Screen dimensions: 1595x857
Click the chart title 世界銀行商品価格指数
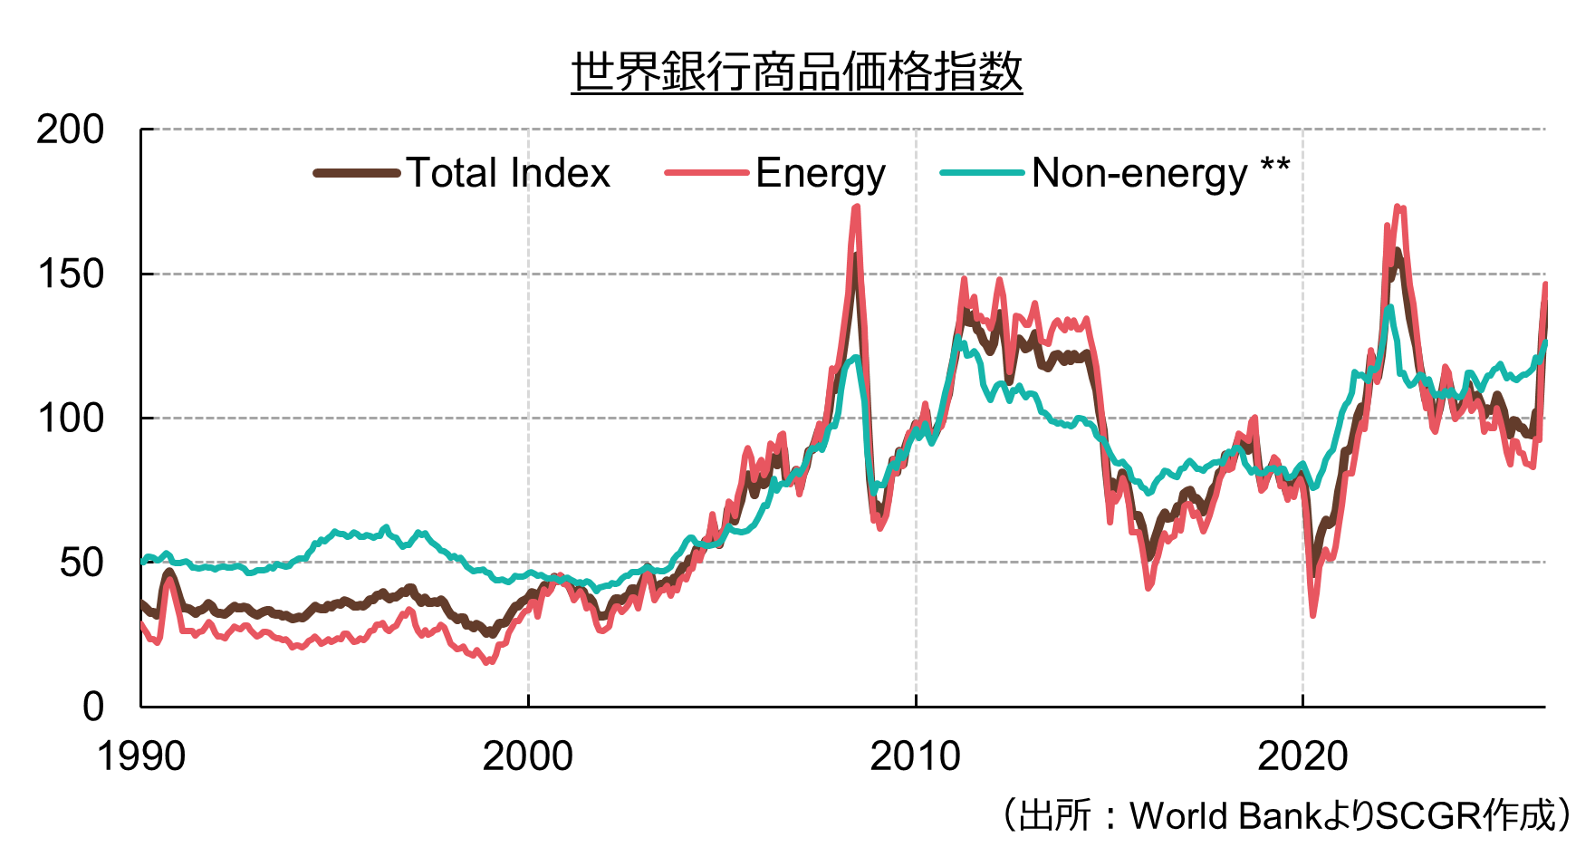[797, 72]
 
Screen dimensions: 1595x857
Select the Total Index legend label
[508, 173]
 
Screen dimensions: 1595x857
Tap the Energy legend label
[821, 174]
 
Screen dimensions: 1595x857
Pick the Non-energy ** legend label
[1160, 173]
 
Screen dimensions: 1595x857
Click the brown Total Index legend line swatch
[357, 173]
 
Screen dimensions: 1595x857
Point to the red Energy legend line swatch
[707, 173]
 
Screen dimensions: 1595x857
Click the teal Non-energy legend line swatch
[983, 173]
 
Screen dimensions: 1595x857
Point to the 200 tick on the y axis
[71, 130]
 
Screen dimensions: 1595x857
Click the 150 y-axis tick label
[71, 274]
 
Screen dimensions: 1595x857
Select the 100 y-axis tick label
[71, 419]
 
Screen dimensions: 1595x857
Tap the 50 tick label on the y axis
[82, 563]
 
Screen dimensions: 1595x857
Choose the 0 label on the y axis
[93, 707]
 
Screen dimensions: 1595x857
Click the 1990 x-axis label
[141, 756]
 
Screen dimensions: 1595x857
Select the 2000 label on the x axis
[528, 756]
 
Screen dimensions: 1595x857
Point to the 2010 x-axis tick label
[916, 756]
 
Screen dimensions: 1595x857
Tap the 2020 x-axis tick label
[1302, 756]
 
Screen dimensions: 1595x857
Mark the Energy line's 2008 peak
[857, 207]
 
